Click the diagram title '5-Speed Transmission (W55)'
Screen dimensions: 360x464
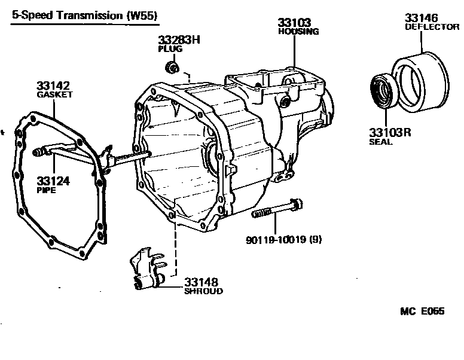coord(84,17)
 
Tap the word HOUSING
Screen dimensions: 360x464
coord(298,32)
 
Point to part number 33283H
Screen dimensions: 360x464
coord(179,40)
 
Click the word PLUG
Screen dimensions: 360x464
coord(170,49)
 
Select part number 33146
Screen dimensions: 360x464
coord(422,17)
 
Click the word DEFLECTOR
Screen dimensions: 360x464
coord(432,27)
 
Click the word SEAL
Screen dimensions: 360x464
coord(381,142)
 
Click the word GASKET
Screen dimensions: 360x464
coord(54,94)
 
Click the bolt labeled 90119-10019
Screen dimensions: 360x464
coord(277,211)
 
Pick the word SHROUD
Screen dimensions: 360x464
coord(203,291)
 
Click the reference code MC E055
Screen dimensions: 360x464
coord(422,312)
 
